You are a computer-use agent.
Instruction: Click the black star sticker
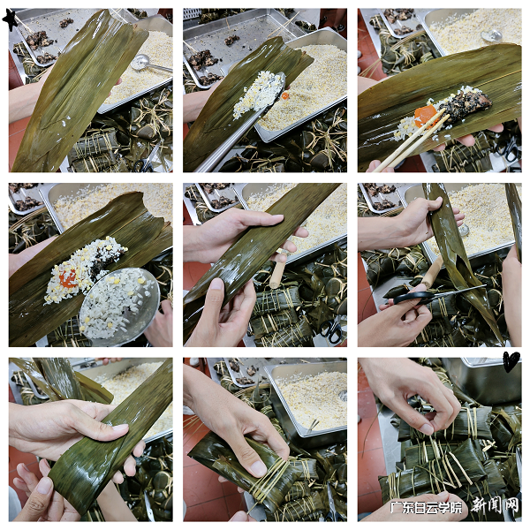tap(11, 19)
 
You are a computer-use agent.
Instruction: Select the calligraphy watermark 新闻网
tap(494, 506)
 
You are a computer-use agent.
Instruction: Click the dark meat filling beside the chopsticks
tap(464, 103)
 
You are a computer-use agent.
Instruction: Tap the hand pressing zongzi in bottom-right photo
tap(415, 389)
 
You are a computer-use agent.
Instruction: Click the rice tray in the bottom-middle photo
tap(309, 397)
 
